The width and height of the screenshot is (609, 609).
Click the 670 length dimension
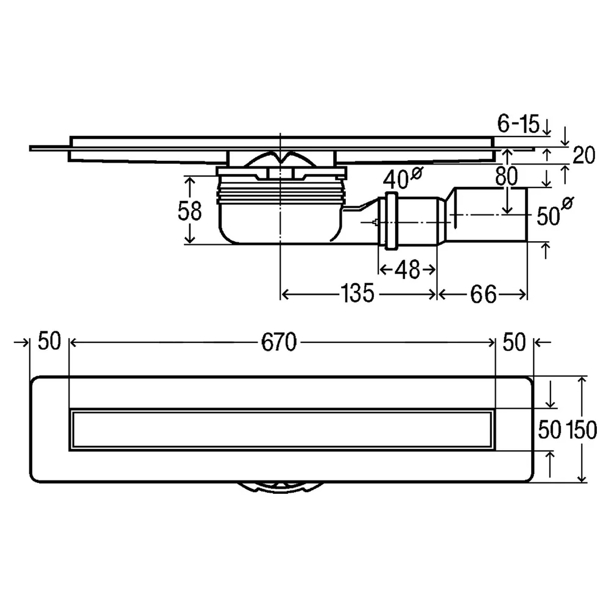point(278,342)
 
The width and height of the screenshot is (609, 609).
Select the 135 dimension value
point(357,294)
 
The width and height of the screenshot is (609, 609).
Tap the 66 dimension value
point(483,294)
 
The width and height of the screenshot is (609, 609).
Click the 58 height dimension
point(189,211)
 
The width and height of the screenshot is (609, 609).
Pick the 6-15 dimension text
point(518,124)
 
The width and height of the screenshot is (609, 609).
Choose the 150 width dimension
point(581,430)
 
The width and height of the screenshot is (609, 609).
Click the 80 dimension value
point(507,176)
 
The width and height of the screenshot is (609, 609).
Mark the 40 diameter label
point(402,177)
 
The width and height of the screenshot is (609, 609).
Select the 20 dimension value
point(584,155)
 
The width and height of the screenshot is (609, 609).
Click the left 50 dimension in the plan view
point(49,342)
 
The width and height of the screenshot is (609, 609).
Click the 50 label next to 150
point(549,430)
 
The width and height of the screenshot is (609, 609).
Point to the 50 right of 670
point(514,342)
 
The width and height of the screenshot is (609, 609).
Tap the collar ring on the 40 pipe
point(390,220)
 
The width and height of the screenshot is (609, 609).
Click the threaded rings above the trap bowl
point(280,194)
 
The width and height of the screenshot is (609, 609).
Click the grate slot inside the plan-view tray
point(281,429)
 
